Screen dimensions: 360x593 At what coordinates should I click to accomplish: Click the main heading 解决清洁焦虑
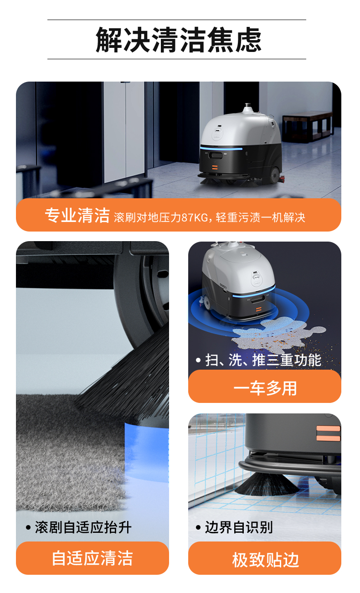(179, 40)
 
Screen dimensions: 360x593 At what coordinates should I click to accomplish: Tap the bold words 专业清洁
(77, 215)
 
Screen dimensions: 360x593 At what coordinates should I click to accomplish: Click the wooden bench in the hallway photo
(307, 127)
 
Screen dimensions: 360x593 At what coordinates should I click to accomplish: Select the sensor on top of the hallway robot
(247, 108)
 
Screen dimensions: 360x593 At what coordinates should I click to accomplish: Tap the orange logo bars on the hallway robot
(215, 167)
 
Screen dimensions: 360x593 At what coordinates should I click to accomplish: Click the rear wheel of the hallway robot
(275, 175)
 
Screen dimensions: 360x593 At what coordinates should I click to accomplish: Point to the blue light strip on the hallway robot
(221, 148)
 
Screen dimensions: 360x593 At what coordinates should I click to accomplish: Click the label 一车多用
(265, 388)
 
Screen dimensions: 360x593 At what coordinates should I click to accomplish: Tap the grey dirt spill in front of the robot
(278, 334)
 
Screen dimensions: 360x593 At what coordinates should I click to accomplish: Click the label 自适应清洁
(93, 558)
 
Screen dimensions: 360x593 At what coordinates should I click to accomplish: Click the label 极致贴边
(266, 560)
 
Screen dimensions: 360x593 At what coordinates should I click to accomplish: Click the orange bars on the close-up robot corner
(328, 433)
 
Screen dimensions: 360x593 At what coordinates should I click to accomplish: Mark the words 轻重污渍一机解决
(261, 217)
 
